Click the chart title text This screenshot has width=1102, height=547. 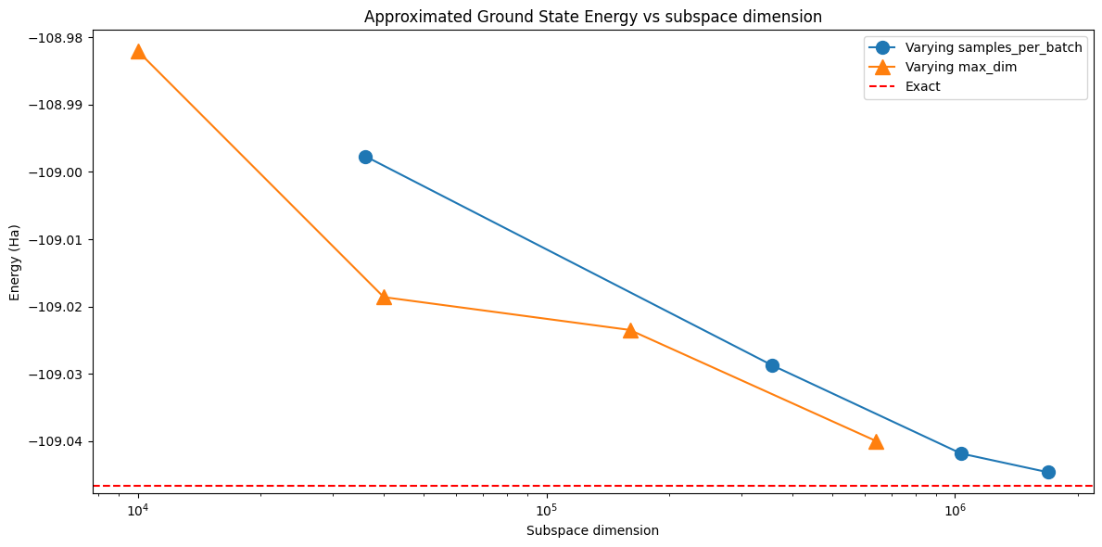(592, 17)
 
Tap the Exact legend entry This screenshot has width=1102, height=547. (906, 86)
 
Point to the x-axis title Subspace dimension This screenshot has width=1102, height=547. (592, 531)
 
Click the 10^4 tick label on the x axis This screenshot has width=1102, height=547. (138, 508)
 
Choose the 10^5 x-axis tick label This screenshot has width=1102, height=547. (546, 508)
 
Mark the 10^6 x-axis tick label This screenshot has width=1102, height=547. (955, 508)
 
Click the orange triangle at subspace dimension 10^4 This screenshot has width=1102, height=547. (138, 52)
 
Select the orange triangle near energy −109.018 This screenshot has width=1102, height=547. (384, 298)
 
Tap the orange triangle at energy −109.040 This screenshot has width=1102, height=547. (876, 442)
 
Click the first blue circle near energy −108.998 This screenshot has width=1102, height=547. (365, 157)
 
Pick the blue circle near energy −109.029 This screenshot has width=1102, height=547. (772, 365)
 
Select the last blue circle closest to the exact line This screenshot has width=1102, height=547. (1048, 473)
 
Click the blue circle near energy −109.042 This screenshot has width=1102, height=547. (961, 453)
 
